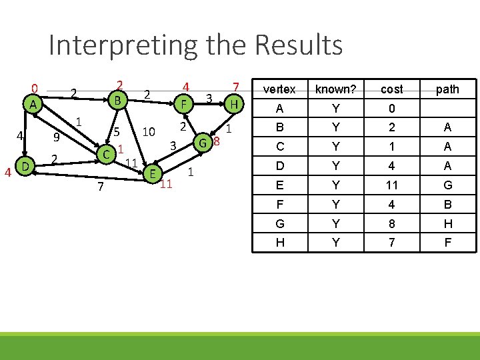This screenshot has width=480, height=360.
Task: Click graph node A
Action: (x=32, y=105)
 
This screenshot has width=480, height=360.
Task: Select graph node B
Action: (x=117, y=101)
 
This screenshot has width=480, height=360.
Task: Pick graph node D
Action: (x=24, y=165)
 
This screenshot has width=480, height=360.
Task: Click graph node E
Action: (x=153, y=173)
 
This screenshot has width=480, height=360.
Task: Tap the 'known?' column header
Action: (x=335, y=89)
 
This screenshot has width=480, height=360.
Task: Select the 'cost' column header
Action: (x=391, y=89)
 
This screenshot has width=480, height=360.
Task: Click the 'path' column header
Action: (x=447, y=89)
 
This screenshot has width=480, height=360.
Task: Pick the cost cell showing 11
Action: (x=391, y=185)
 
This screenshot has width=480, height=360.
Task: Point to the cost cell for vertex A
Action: (x=391, y=108)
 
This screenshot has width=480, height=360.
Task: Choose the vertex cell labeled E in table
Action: (x=279, y=185)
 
